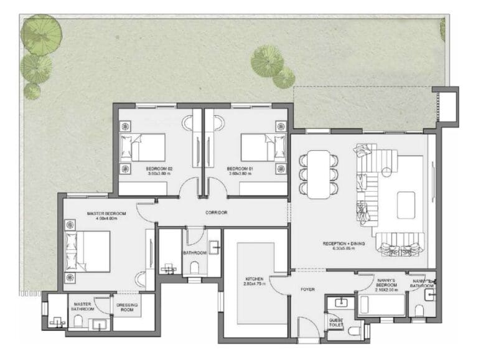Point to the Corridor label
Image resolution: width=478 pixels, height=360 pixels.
click(216, 213)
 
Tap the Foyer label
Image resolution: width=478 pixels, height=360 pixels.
click(307, 290)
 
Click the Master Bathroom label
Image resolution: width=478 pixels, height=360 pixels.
click(83, 306)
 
